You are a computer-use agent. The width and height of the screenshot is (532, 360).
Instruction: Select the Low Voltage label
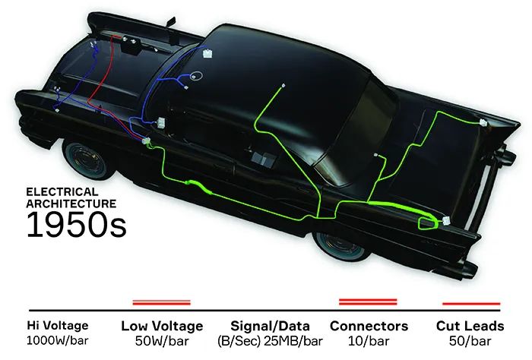pos(162,327)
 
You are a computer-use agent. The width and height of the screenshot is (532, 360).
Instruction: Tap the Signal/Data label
pos(270,327)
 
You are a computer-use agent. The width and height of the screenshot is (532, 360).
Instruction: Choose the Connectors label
pos(369,327)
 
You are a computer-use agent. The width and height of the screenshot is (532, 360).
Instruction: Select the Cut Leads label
pos(470,327)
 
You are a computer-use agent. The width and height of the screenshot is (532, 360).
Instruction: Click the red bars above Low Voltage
pos(162,302)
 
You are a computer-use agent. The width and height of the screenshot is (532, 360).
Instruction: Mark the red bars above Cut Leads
pos(470,302)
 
